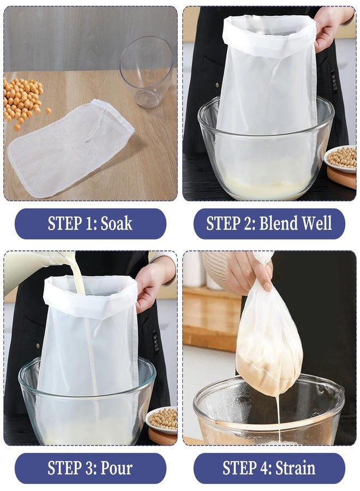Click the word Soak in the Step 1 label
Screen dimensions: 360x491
116,224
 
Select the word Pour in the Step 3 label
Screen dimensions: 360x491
116,468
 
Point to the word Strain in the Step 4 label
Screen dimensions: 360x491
295,468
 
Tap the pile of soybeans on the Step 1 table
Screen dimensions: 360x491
24,101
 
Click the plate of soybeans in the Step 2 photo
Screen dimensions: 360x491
341,158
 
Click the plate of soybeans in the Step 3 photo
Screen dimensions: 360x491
162,420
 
